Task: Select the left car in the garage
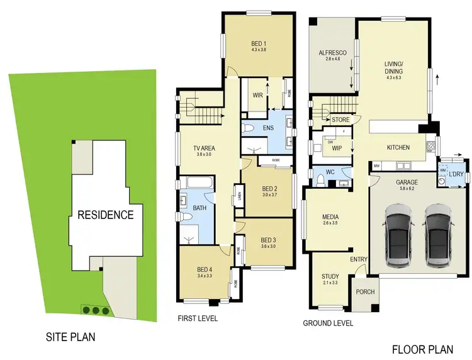click(398, 233)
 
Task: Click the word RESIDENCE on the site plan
click(105, 215)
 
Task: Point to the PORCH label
click(364, 291)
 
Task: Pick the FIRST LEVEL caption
click(198, 319)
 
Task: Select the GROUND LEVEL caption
click(327, 323)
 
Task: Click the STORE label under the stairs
click(340, 119)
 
